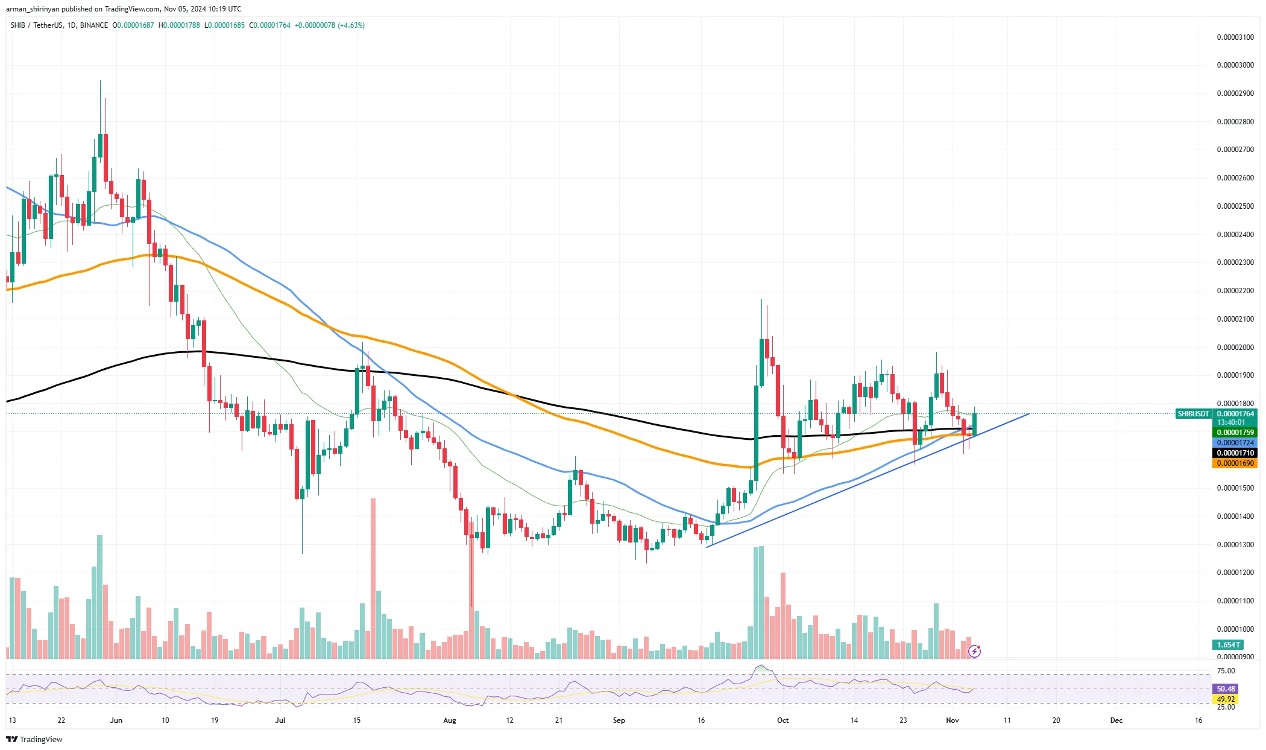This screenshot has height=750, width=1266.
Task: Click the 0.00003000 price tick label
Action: tap(1235, 65)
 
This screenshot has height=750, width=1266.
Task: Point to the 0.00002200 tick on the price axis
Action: tap(1235, 291)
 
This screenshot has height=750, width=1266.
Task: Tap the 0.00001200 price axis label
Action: tap(1235, 573)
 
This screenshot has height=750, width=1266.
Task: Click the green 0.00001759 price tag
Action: tap(1235, 433)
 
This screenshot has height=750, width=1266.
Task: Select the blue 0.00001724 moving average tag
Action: tap(1235, 443)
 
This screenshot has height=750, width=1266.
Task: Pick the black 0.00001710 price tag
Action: tap(1235, 453)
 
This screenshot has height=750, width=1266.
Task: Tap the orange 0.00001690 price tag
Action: tap(1235, 463)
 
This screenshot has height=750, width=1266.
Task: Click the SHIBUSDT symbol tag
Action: tap(1193, 414)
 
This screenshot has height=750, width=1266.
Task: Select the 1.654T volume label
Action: tap(1228, 645)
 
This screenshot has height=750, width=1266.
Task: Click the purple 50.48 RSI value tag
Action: tap(1226, 689)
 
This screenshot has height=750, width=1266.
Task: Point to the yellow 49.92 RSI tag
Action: tap(1226, 699)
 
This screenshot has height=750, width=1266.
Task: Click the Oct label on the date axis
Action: tap(783, 720)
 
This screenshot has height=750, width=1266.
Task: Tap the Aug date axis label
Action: tap(450, 720)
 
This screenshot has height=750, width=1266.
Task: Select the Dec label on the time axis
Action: tap(1116, 720)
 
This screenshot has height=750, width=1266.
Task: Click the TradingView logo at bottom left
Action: tap(34, 740)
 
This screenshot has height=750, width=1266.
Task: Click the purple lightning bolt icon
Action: tap(974, 651)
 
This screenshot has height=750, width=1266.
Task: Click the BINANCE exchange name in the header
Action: tap(94, 25)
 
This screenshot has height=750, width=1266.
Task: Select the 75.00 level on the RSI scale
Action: tap(1226, 671)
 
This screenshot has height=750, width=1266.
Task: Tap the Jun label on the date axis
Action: tap(116, 720)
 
